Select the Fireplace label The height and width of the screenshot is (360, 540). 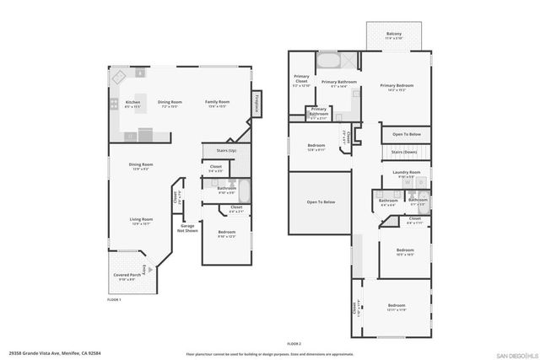256,104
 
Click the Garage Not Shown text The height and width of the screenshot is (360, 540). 188,228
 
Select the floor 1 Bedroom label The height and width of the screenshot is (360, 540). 226,234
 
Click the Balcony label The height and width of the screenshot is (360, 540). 394,36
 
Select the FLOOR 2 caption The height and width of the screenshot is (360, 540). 294,343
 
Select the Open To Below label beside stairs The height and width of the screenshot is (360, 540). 406,133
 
